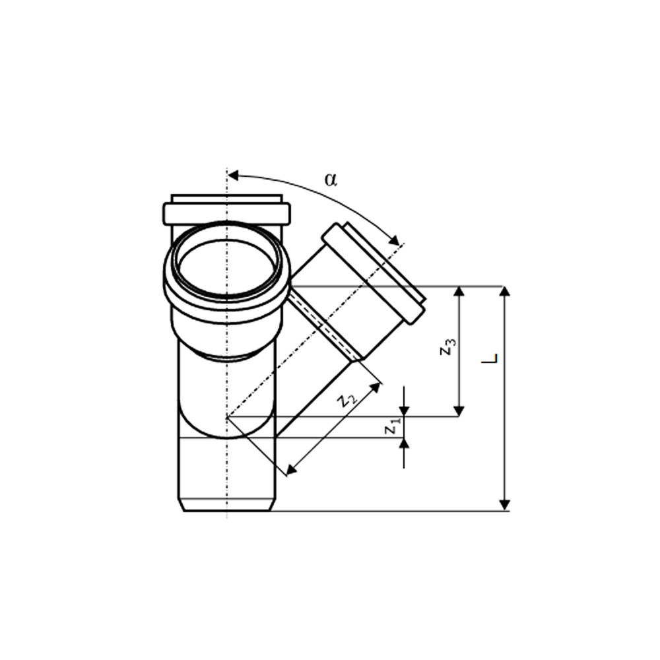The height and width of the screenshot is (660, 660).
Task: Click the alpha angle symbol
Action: click(331, 180)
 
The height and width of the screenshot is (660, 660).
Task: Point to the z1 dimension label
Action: click(391, 427)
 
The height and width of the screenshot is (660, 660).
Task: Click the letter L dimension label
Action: click(490, 358)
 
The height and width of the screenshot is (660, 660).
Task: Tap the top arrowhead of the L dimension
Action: click(505, 292)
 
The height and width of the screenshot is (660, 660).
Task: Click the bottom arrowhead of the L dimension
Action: click(505, 505)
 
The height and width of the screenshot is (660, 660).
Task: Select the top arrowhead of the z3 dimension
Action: click(459, 292)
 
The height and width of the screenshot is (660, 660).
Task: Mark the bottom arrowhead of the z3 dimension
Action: click(459, 411)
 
